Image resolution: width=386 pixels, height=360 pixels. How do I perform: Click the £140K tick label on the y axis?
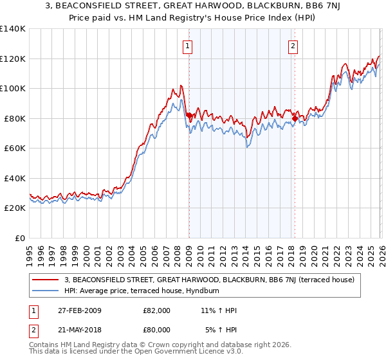[x=13, y=29]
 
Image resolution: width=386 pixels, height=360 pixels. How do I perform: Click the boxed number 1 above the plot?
[x=188, y=46]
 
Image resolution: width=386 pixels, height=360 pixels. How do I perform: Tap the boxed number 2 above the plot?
[x=293, y=46]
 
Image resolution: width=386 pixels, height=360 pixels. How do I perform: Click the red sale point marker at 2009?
[x=189, y=115]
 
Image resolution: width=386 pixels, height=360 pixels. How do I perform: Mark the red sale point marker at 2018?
[x=295, y=118]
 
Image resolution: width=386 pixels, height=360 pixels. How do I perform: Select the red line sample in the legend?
[x=45, y=280]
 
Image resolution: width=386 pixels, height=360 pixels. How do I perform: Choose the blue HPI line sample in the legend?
[x=45, y=291]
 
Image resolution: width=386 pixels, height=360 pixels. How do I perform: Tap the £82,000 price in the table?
[x=157, y=310]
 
